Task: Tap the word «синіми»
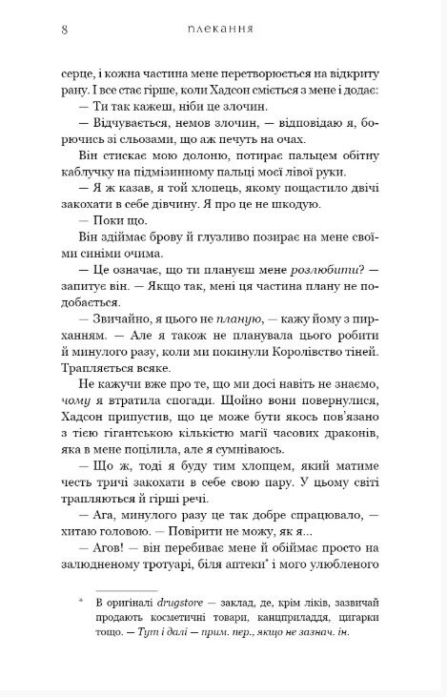[88, 257]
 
